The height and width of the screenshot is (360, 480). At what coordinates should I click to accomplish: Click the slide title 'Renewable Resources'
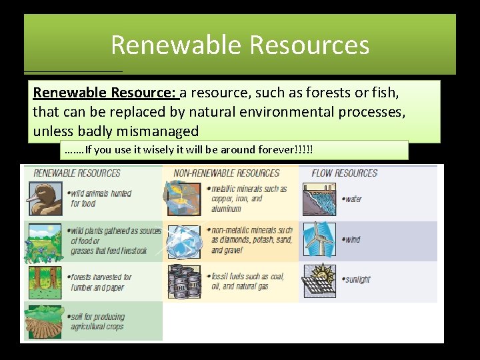[x=240, y=45]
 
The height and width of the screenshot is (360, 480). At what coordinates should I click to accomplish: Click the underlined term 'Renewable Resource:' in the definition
[x=105, y=92]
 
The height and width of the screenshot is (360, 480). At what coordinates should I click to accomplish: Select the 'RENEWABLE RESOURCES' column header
[x=77, y=173]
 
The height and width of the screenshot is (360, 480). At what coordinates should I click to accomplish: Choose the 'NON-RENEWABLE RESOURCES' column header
[x=226, y=173]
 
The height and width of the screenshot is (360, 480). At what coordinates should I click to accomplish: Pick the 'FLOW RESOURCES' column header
[x=344, y=173]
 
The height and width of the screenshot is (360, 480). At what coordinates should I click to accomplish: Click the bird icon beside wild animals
[x=45, y=199]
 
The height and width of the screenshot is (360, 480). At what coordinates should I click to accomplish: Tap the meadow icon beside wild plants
[x=45, y=241]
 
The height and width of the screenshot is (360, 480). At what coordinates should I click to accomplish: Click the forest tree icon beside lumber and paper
[x=45, y=281]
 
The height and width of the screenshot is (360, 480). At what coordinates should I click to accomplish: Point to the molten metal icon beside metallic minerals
[x=183, y=199]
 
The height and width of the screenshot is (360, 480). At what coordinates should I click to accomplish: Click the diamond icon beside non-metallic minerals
[x=183, y=241]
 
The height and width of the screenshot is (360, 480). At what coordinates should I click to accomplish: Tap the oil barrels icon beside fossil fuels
[x=183, y=281]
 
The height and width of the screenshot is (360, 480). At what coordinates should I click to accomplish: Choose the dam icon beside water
[x=319, y=199]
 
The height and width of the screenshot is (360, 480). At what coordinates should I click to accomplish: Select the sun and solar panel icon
[x=319, y=281]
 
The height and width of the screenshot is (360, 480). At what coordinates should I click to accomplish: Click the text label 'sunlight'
[x=357, y=280]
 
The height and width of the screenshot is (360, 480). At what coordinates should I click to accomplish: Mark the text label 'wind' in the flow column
[x=352, y=240]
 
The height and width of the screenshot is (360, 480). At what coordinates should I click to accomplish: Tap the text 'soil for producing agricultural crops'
[x=97, y=321]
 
